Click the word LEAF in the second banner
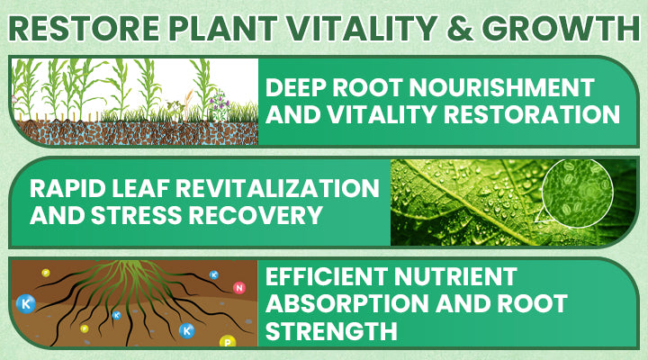[x=139, y=188]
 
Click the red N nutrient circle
[x=238, y=288]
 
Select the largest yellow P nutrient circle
[x=227, y=341]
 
